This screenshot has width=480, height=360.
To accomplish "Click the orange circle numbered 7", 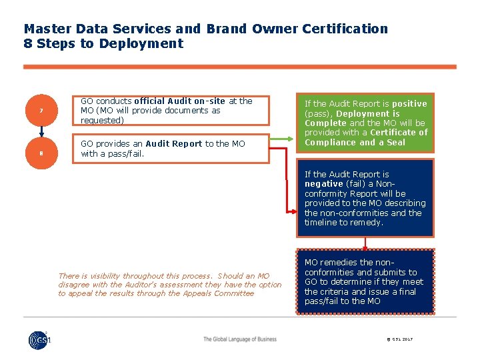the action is click(x=41, y=111).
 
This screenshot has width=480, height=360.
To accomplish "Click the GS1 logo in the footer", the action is click(x=39, y=339).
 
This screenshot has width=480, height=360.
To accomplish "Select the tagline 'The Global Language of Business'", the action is click(x=240, y=339).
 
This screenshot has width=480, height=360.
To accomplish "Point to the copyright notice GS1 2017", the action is click(x=399, y=339).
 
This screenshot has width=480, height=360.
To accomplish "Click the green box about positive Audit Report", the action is click(x=365, y=123).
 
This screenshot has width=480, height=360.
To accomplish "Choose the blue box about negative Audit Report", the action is click(x=365, y=199).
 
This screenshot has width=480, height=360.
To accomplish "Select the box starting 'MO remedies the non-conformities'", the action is click(x=365, y=281).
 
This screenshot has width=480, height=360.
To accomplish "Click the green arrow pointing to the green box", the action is click(x=283, y=139).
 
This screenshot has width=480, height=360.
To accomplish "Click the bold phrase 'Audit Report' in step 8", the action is click(x=173, y=144).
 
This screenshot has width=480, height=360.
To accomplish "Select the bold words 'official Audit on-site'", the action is click(x=180, y=101).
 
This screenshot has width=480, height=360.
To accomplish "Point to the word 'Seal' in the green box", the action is click(x=396, y=142).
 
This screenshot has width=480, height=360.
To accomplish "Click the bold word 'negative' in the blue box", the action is click(x=323, y=184).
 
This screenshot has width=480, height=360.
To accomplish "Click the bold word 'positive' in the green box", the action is click(x=409, y=103).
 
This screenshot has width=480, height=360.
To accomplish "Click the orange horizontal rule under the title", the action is click(x=240, y=67).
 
